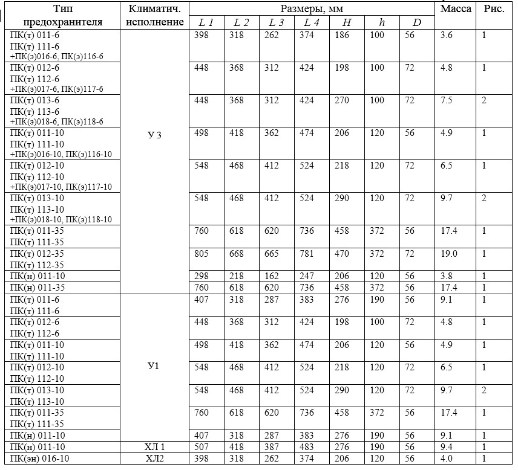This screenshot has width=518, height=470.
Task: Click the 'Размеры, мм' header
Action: [x=313, y=8]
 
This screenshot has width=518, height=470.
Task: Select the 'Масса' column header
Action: [x=456, y=8]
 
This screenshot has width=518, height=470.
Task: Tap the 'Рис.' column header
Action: [x=494, y=8]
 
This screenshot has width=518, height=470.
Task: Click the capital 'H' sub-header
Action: [x=346, y=23]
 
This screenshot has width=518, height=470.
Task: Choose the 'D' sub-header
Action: [x=417, y=23]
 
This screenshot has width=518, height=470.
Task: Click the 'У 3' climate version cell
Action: [x=155, y=135]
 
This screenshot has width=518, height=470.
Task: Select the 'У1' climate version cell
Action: [x=154, y=367]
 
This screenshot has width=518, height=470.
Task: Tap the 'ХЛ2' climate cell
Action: [x=154, y=459]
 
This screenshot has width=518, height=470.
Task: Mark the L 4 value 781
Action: [x=307, y=254]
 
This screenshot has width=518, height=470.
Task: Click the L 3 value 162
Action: [x=272, y=276]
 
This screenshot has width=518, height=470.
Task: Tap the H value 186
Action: [x=342, y=35]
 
